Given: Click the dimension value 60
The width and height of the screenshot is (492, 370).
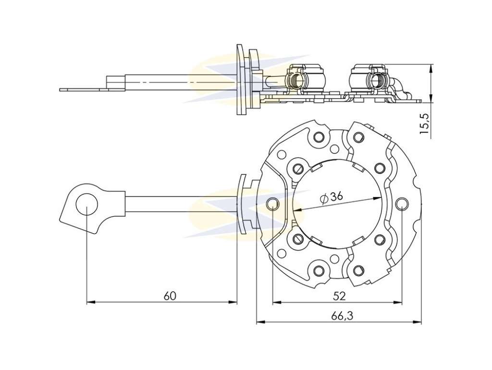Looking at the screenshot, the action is tap(170, 296).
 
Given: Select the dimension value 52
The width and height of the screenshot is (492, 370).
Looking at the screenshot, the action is tap(339, 296).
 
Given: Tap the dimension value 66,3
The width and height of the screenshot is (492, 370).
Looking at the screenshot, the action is tap(342, 316).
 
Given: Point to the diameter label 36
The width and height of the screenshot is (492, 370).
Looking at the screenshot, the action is tap(336, 197).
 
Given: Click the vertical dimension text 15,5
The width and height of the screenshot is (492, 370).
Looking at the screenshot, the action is tap(425, 124).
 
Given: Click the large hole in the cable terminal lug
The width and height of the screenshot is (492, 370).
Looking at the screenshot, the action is tap(87, 205).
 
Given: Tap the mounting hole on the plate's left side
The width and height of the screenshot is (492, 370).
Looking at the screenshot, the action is tap(273, 204).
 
